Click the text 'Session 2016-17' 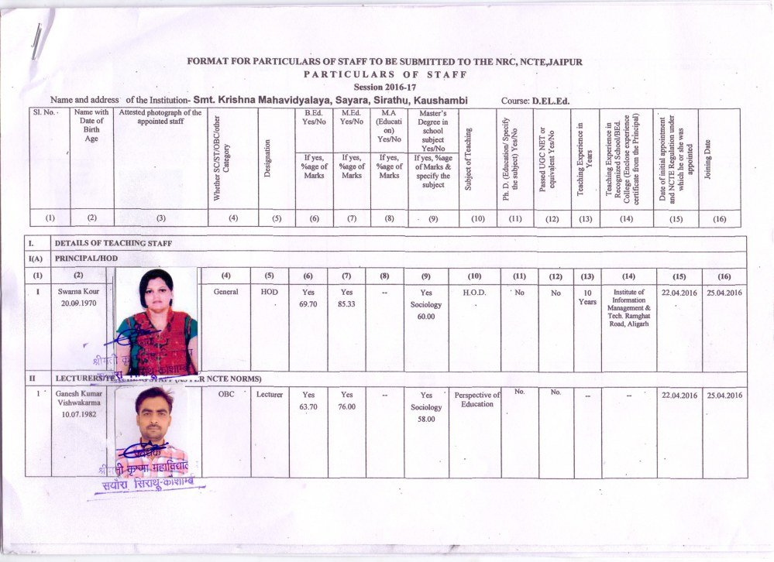(384, 87)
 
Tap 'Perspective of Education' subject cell (476, 399)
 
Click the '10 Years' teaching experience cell (588, 298)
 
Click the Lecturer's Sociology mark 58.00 (426, 419)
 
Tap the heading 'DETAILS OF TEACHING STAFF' (113, 244)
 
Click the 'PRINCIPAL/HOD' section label (85, 259)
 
